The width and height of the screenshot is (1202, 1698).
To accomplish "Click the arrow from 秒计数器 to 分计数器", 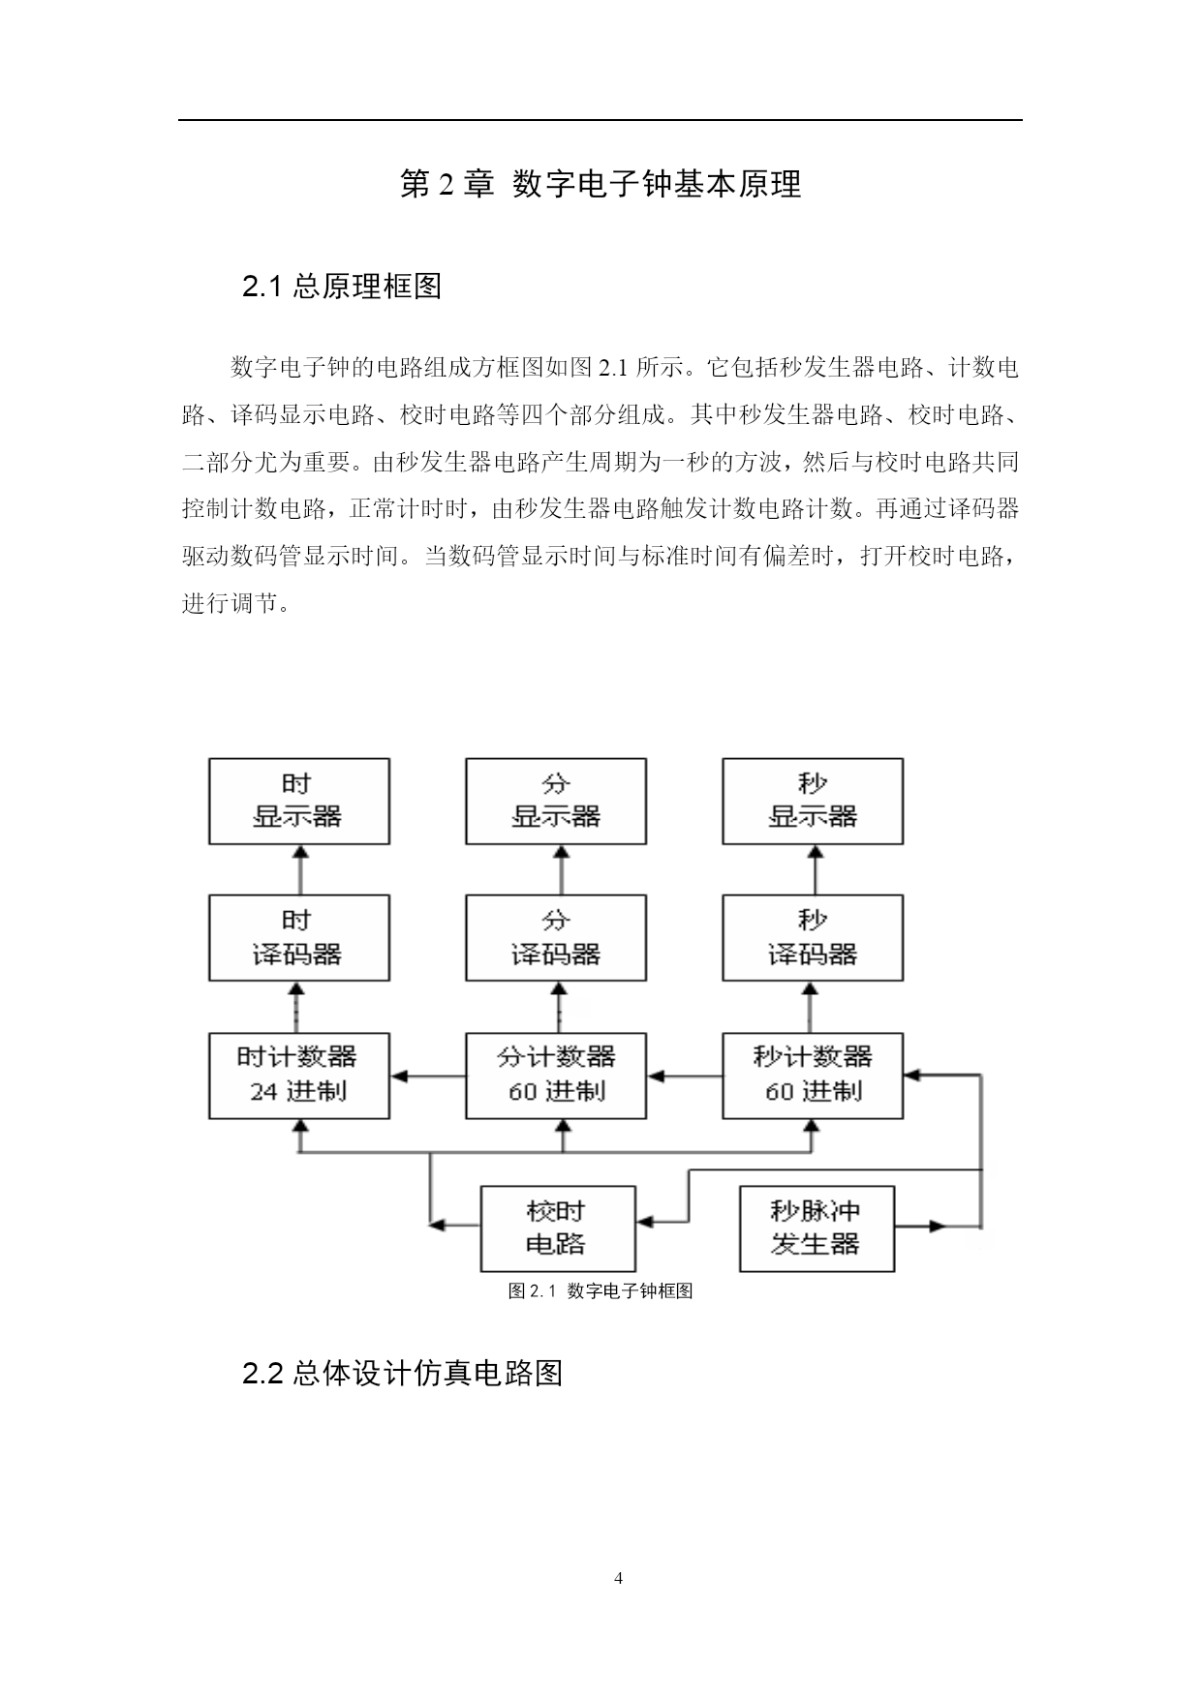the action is click(x=685, y=1076).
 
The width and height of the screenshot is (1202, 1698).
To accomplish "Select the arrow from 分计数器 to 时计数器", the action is click(x=428, y=1076).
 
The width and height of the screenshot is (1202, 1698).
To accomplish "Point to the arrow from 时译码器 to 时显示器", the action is click(x=299, y=869).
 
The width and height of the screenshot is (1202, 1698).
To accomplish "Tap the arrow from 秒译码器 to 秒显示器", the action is click(x=815, y=869).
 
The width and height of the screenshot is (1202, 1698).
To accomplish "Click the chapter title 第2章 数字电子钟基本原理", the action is click(x=601, y=184).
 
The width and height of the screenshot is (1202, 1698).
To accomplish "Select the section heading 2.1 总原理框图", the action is click(x=342, y=287).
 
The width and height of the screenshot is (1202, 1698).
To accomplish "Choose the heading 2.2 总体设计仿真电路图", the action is click(x=402, y=1373).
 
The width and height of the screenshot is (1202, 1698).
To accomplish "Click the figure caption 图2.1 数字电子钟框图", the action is click(x=601, y=1290).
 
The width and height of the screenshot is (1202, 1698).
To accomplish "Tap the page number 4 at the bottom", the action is click(x=619, y=1579).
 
